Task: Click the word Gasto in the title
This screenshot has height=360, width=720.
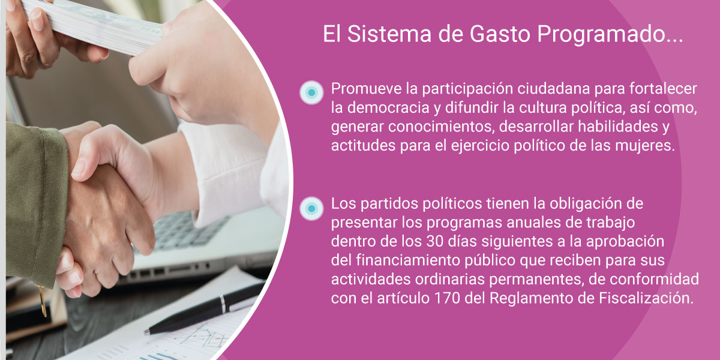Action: (500, 34)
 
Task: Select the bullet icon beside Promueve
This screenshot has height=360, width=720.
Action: (311, 92)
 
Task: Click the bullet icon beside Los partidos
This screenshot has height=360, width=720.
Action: (311, 209)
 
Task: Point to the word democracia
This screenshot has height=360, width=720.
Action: (388, 107)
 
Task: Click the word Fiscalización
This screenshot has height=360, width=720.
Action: (646, 299)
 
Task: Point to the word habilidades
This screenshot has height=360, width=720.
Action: (618, 127)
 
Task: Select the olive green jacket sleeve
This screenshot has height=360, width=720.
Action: (35, 203)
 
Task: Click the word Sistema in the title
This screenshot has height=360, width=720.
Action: (389, 34)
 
